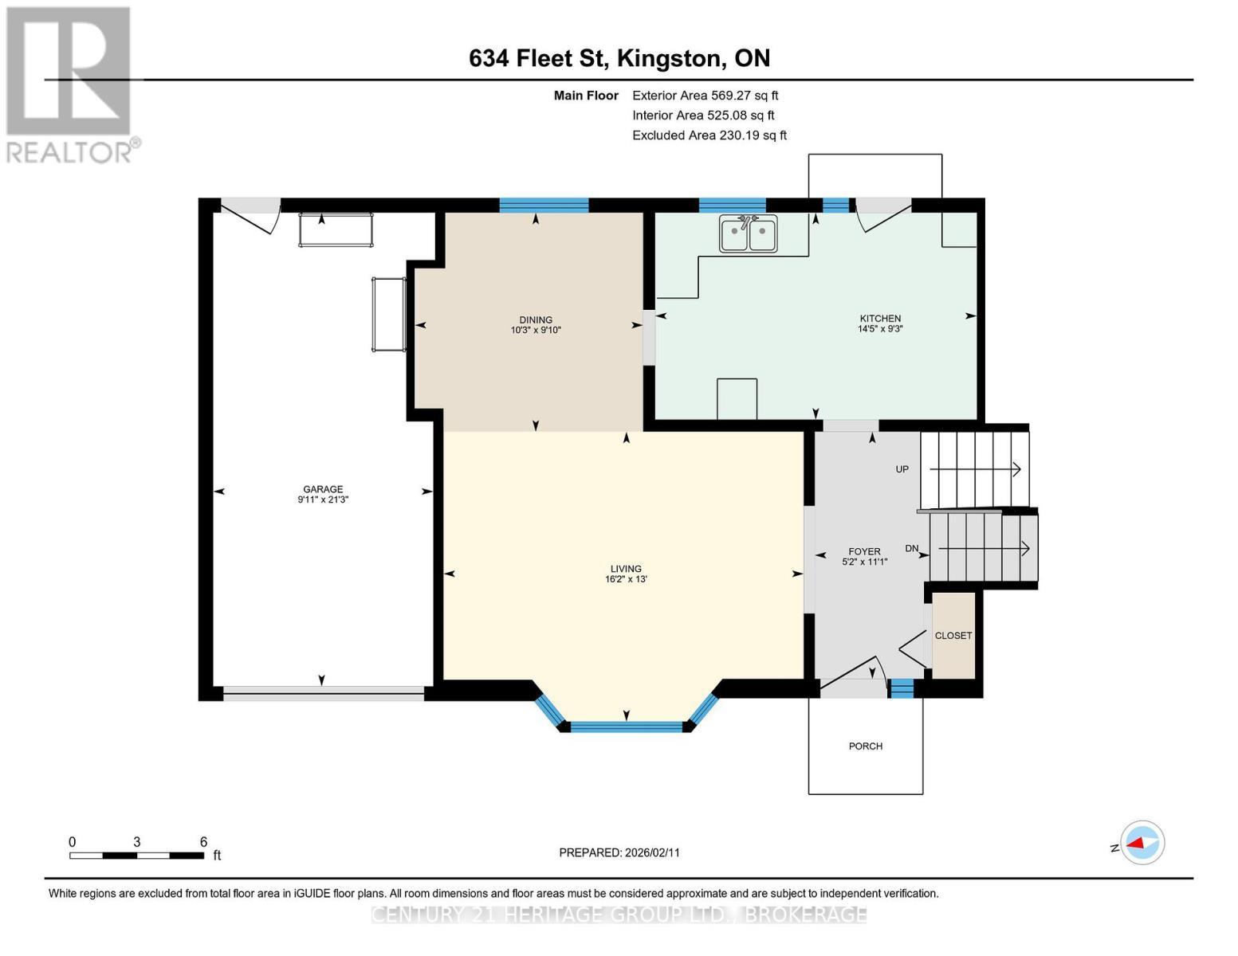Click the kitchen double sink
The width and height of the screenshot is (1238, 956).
tap(748, 233)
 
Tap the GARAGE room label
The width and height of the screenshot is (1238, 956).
tap(323, 489)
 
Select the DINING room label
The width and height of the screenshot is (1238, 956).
tap(536, 320)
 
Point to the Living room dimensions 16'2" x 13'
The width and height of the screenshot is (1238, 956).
tap(626, 579)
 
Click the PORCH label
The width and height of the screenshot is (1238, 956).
tap(866, 746)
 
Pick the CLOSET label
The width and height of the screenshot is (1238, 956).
tap(953, 636)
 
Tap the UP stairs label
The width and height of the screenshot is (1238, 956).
tap(902, 469)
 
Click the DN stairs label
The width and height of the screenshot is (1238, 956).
tap(911, 548)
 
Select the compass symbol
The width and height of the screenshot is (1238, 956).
tap(1142, 843)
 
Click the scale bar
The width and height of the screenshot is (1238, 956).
tap(137, 856)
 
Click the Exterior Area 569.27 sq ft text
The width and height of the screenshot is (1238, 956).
tap(705, 96)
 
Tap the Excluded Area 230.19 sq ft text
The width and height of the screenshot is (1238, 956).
tap(709, 135)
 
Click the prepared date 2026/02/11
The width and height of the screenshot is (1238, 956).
tap(652, 852)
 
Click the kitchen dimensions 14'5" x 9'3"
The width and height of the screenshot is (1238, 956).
tap(880, 328)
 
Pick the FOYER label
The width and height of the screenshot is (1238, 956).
tap(864, 551)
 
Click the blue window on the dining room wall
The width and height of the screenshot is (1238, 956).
tap(544, 205)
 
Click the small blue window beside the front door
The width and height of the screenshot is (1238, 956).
tap(902, 688)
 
